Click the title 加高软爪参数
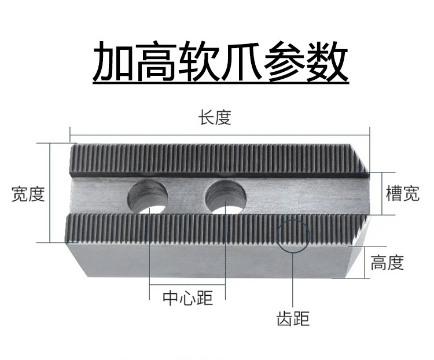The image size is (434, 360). click(220, 62)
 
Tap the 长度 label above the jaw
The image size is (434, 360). click(215, 118)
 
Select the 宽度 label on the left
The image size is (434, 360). click(28, 194)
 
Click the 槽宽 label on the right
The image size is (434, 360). click(402, 193)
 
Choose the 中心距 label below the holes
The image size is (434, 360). click(187, 298)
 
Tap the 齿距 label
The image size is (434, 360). click(293, 318)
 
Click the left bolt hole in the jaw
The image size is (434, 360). click(148, 196)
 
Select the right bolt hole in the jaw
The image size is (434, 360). click(225, 196)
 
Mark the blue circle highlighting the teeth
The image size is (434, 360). click(293, 236)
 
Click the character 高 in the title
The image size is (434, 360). click(156, 62)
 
